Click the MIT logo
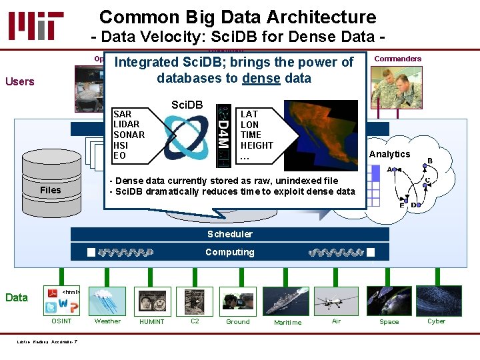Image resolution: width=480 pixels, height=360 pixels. click(37, 25)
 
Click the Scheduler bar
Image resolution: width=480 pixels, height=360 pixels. click(230, 234)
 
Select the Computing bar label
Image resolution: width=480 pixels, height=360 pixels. click(230, 252)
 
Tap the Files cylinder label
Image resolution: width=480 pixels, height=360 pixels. click(50, 190)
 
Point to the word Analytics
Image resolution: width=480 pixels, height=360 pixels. click(390, 154)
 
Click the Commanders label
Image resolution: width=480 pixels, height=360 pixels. click(398, 59)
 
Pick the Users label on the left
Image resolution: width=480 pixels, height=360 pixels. click(19, 81)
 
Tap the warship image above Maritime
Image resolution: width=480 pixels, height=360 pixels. click(286, 301)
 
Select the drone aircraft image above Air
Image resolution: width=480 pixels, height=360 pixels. click(337, 301)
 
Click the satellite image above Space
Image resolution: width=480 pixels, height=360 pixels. click(389, 301)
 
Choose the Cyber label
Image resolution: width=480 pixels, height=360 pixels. click(437, 321)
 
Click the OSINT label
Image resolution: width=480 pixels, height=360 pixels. click(62, 321)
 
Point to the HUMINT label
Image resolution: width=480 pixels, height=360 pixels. click(151, 322)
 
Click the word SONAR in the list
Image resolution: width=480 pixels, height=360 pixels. click(129, 135)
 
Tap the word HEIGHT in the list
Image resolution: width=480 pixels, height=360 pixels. click(257, 145)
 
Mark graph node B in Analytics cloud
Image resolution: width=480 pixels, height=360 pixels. click(429, 161)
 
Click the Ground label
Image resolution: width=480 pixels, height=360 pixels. click(238, 321)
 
